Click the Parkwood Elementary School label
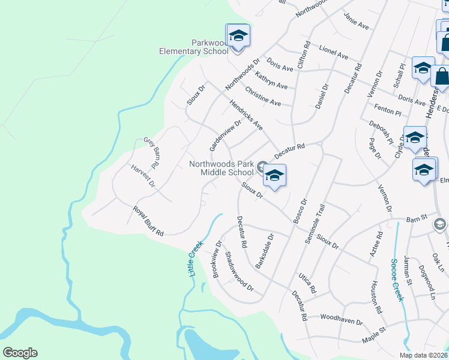pos(193,47)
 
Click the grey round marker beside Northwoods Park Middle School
pos(262,166)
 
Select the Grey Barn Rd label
pos(152,152)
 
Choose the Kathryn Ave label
pos(271,82)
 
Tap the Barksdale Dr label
pos(265,251)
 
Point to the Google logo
pos(20,353)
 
